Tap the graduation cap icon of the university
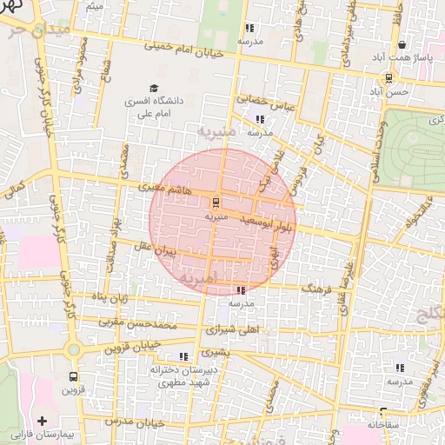(x=154, y=89)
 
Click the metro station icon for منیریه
(x=216, y=202)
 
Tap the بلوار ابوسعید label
(x=277, y=224)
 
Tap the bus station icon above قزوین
(x=72, y=377)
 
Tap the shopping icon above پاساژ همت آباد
(x=402, y=45)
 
